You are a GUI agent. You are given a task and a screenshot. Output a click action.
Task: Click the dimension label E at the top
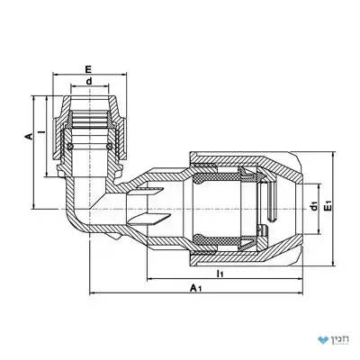pyautogui.click(x=88, y=69)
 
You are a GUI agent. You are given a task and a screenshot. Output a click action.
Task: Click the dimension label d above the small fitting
pyautogui.click(x=89, y=81)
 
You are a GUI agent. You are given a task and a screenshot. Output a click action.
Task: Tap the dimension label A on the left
pyautogui.click(x=28, y=137)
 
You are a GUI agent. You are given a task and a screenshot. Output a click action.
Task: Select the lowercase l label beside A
pyautogui.click(x=43, y=131)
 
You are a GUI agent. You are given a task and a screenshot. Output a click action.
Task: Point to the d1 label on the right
pyautogui.click(x=314, y=206)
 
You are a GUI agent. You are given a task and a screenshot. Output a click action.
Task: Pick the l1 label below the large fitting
pyautogui.click(x=220, y=274)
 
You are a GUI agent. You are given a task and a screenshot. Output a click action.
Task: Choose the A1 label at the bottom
pyautogui.click(x=195, y=288)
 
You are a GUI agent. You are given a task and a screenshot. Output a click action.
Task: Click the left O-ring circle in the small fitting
pyautogui.click(x=71, y=147)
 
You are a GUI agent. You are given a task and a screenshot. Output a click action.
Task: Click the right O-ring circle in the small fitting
pyautogui.click(x=109, y=147)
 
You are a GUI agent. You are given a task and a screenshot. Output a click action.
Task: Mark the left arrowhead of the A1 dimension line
pyautogui.click(x=92, y=293)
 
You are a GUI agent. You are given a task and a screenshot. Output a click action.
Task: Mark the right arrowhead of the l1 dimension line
pyautogui.click(x=301, y=279)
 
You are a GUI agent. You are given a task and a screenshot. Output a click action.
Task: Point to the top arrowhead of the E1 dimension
pyautogui.click(x=333, y=155)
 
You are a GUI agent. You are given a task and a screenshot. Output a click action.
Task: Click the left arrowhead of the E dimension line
pyautogui.click(x=56, y=75)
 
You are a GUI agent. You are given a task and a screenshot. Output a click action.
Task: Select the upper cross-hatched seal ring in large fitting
pyautogui.click(x=215, y=178)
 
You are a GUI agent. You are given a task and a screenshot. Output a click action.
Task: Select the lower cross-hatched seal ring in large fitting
pyautogui.click(x=215, y=238)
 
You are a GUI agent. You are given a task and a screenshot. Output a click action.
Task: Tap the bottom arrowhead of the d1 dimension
pyautogui.click(x=319, y=231)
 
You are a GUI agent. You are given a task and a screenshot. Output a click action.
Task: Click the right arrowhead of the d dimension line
pyautogui.click(x=106, y=87)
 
